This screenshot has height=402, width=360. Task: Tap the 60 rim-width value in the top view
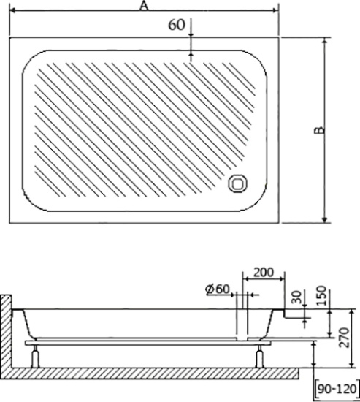(x=176, y=24)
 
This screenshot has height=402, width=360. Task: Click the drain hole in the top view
(x=238, y=184)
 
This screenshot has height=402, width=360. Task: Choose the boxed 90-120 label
(x=337, y=389)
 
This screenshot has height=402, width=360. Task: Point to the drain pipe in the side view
(x=243, y=322)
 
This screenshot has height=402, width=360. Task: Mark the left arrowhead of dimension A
(x=12, y=12)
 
